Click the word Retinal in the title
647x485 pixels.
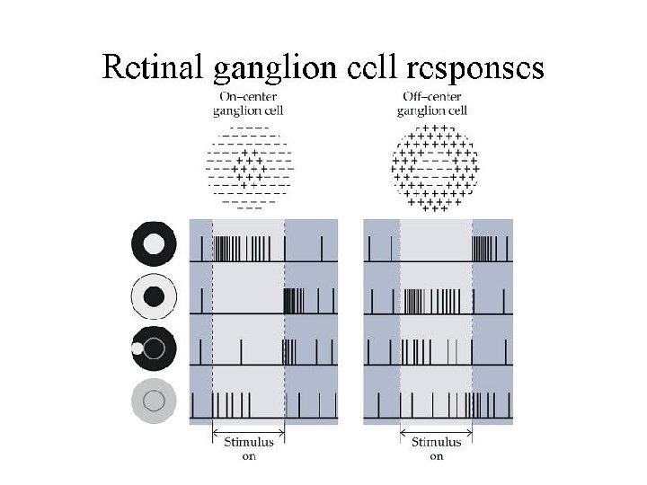pyautogui.click(x=154, y=67)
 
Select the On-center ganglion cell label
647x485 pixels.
pyautogui.click(x=248, y=103)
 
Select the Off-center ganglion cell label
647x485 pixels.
pyautogui.click(x=432, y=103)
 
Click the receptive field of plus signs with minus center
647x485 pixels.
pyautogui.click(x=436, y=167)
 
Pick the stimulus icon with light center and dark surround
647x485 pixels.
pyautogui.click(x=155, y=242)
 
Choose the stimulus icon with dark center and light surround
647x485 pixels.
pyautogui.click(x=154, y=295)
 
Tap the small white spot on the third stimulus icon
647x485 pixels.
pyautogui.click(x=137, y=348)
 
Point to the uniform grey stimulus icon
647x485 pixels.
pyautogui.click(x=154, y=399)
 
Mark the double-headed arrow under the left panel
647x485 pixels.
pyautogui.click(x=249, y=432)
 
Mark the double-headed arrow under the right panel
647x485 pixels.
pyautogui.click(x=436, y=432)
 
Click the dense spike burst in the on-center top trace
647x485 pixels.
pyautogui.click(x=229, y=248)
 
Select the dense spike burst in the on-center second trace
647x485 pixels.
pyautogui.click(x=295, y=301)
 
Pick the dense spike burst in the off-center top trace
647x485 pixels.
pyautogui.click(x=483, y=248)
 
